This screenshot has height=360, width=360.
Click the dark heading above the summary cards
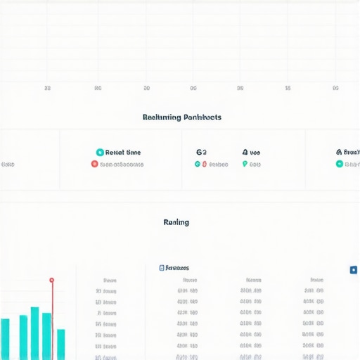181,117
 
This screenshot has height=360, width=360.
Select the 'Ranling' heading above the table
176,222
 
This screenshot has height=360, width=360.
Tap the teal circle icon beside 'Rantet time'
100,152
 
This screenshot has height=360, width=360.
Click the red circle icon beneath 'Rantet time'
95,164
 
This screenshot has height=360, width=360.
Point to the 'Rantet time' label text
123,152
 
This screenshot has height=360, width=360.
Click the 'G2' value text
201,151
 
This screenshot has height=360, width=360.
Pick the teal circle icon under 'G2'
198,164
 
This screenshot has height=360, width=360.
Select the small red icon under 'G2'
205,164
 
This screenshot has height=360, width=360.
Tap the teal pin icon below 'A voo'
245,164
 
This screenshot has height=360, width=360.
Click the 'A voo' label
251,151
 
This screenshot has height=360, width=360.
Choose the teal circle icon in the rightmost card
340,164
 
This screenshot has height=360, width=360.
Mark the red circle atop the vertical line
51,280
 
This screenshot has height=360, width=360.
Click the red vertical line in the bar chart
51,323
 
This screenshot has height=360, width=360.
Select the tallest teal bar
34,333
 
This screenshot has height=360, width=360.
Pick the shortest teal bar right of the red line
60,345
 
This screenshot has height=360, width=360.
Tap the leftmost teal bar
6,339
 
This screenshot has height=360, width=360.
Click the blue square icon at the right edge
353,269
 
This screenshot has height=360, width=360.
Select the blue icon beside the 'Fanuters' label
162,268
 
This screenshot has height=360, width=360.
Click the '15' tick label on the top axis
288,89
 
